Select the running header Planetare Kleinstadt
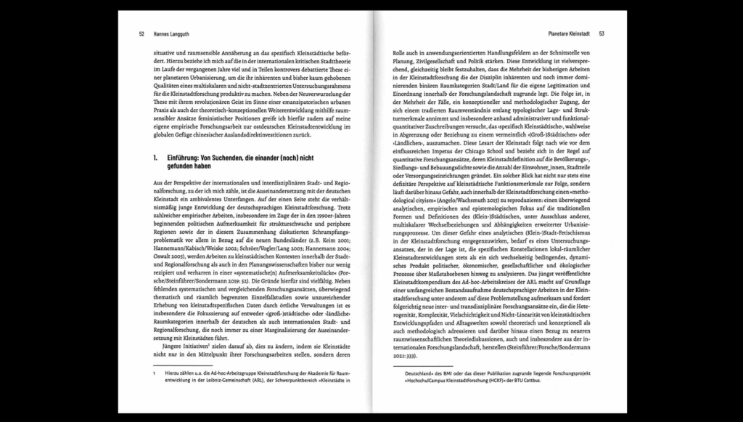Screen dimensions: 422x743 pos(570,33)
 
